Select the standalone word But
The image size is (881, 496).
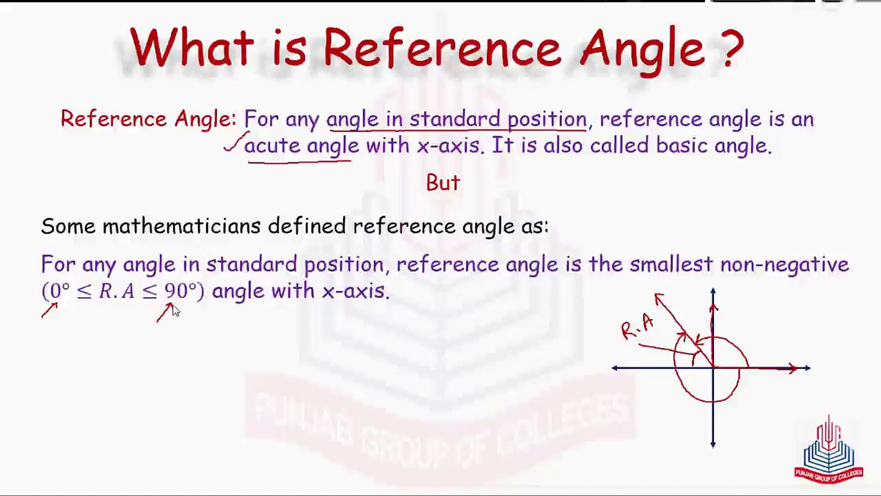click(x=443, y=183)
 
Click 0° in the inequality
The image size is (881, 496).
click(x=60, y=291)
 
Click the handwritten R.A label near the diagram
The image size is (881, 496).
click(x=637, y=327)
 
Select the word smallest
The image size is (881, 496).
click(x=671, y=264)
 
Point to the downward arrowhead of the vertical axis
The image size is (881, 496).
click(x=713, y=444)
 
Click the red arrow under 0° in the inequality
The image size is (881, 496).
click(x=50, y=310)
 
